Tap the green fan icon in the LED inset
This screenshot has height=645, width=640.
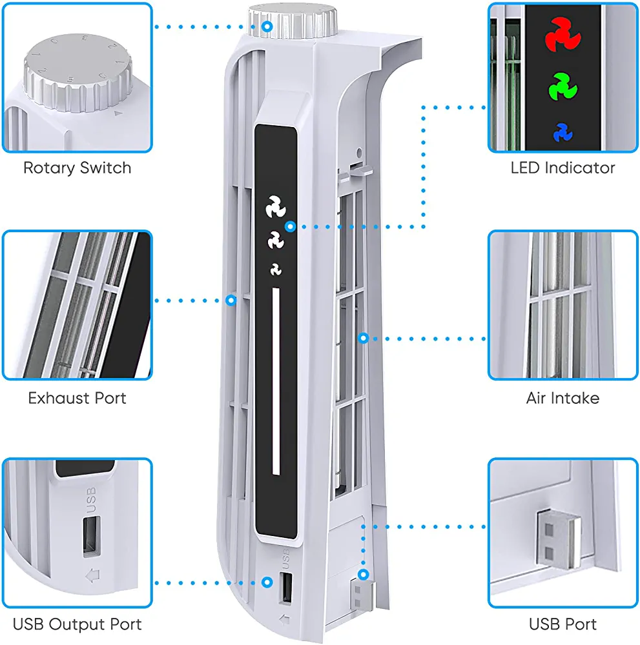pyautogui.click(x=563, y=87)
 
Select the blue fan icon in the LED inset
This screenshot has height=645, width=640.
pyautogui.click(x=563, y=132)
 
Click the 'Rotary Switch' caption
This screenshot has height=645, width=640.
pyautogui.click(x=77, y=168)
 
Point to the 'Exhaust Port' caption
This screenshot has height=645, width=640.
pyautogui.click(x=77, y=398)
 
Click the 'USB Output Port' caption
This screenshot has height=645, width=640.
pyautogui.click(x=77, y=624)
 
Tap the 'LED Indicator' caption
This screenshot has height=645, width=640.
pyautogui.click(x=563, y=168)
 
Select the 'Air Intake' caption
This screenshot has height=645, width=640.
pyautogui.click(x=563, y=398)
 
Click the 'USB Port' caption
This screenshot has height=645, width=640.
pyautogui.click(x=563, y=624)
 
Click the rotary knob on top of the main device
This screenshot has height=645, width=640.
pyautogui.click(x=293, y=21)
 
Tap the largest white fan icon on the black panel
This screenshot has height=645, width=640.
pyautogui.click(x=276, y=206)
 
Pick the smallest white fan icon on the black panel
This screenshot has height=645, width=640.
pyautogui.click(x=276, y=270)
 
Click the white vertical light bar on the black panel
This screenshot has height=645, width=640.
pyautogui.click(x=276, y=381)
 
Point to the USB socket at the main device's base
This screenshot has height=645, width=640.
pyautogui.click(x=286, y=588)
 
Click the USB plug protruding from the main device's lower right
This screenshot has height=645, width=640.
pyautogui.click(x=361, y=595)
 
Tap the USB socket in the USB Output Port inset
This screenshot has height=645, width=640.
pyautogui.click(x=92, y=537)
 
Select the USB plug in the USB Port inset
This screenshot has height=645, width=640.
pyautogui.click(x=558, y=538)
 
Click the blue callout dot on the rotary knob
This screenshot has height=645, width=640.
pyautogui.click(x=267, y=26)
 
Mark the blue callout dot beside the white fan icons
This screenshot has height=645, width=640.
pyautogui.click(x=291, y=226)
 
